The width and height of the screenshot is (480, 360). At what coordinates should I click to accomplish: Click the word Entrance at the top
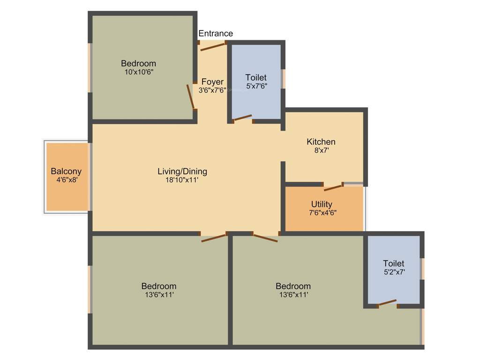coord(216,33)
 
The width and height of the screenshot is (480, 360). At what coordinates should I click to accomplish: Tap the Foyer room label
coord(212,82)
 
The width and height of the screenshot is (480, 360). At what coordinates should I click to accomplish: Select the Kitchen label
coord(321,142)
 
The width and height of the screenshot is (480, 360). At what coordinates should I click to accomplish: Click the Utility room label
coord(322,204)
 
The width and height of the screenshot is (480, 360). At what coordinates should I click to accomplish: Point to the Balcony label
coord(66,171)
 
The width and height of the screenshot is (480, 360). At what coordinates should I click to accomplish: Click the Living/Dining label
coord(182,171)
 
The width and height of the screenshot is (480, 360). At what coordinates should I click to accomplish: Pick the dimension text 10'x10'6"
coord(138,72)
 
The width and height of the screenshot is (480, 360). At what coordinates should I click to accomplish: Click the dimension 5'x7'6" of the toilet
coord(256,86)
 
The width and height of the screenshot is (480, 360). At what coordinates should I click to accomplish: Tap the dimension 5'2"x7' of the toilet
coord(394,271)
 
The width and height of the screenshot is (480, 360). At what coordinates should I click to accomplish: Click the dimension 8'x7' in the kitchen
coord(321,150)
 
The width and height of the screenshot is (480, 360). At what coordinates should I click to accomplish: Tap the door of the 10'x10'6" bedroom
coord(190,96)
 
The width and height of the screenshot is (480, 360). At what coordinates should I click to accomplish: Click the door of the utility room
coord(333,187)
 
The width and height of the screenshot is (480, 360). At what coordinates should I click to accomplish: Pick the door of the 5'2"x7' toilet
coord(387,303)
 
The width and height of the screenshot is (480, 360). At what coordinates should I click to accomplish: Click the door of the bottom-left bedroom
coord(214,237)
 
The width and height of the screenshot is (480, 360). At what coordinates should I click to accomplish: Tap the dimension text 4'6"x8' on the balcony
coord(66,179)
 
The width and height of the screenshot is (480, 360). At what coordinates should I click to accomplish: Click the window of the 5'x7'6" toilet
coord(283,79)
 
